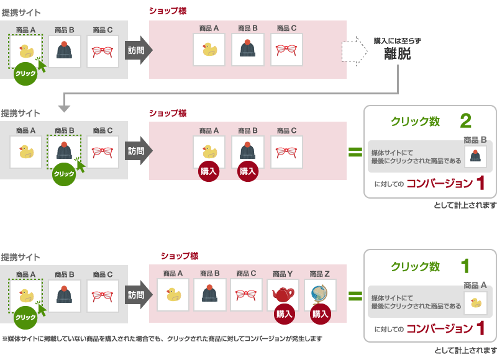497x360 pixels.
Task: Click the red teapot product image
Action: tap(283, 294)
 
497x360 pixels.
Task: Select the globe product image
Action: tap(320, 294)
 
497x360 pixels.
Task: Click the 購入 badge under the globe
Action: tap(321, 314)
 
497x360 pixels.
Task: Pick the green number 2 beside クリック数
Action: tap(465, 120)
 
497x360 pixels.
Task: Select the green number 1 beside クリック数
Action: tap(465, 266)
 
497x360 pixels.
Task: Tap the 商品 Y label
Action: tap(283, 274)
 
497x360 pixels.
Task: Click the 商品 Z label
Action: tap(320, 274)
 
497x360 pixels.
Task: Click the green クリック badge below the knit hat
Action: tap(64, 174)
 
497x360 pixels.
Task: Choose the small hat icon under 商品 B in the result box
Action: tap(475, 156)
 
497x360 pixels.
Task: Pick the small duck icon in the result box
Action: tap(475, 303)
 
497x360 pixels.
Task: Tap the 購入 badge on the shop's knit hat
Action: tap(248, 171)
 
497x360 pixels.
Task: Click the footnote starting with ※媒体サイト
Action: tap(162, 339)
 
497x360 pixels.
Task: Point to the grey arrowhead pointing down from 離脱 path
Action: tap(65, 108)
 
